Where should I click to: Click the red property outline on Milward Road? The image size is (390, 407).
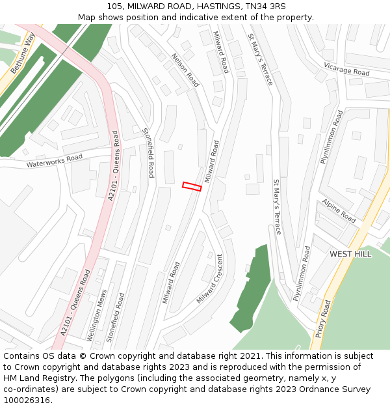[192, 187]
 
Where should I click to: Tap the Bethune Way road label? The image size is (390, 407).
[22, 53]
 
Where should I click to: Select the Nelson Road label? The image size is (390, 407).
[185, 70]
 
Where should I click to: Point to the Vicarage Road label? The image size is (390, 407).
[346, 69]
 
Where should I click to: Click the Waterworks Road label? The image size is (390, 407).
[55, 161]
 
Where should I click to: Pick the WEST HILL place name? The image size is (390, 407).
[350, 254]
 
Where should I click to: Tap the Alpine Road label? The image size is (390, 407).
[339, 210]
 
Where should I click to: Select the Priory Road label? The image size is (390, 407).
[323, 318]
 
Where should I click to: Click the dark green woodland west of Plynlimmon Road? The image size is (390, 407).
[252, 287]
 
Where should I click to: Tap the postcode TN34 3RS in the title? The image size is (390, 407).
[263, 7]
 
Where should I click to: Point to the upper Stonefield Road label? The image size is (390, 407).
[148, 152]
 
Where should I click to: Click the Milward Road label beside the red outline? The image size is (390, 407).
[213, 161]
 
